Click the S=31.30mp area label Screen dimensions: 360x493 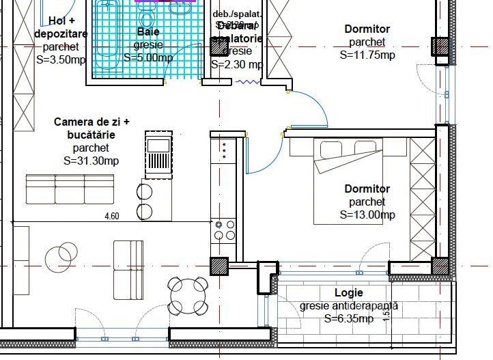(91, 161)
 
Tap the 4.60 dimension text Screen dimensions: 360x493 (111, 216)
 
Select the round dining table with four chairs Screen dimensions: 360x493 (188, 295)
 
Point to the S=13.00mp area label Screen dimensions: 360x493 (367, 214)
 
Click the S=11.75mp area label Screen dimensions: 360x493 (367, 55)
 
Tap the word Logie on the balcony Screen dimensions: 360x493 (348, 293)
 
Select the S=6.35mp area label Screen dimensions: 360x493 (348, 318)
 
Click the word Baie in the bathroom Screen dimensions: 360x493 (148, 32)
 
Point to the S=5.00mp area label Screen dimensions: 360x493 (148, 57)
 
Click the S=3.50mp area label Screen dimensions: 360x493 (60, 59)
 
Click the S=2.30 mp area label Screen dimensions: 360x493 (237, 64)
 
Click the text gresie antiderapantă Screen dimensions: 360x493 (348, 306)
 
